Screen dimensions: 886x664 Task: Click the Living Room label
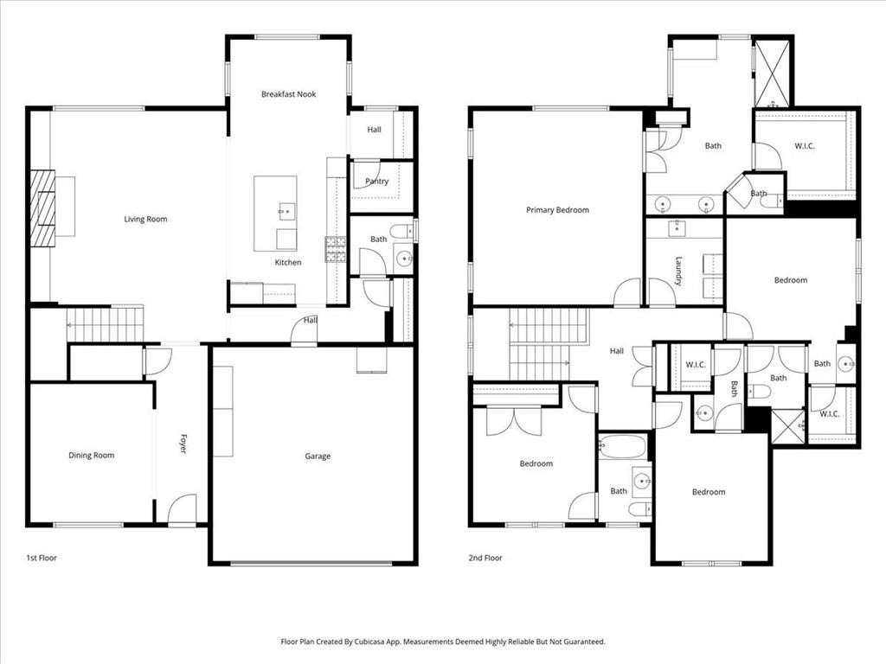click(x=145, y=219)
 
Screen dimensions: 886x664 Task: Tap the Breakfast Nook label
click(x=288, y=94)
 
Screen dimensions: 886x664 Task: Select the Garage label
click(x=318, y=456)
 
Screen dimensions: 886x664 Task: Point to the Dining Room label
click(x=92, y=455)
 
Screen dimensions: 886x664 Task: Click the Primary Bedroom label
click(x=558, y=210)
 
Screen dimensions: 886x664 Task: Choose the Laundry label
click(x=678, y=271)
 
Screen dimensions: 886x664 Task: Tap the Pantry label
click(x=377, y=182)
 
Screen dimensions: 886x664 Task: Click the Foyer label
click(x=183, y=444)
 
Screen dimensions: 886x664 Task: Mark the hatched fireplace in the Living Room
click(x=42, y=208)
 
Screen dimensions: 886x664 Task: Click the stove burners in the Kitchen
click(x=335, y=250)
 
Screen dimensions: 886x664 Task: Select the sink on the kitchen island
click(x=286, y=211)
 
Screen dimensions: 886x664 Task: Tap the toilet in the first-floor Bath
click(x=401, y=231)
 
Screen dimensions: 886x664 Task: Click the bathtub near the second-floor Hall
click(x=622, y=446)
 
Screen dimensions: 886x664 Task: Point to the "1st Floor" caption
click(x=42, y=558)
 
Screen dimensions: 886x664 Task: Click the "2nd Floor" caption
click(x=485, y=558)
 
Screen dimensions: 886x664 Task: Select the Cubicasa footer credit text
click(x=443, y=642)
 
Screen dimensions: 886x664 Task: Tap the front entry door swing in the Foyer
click(x=182, y=508)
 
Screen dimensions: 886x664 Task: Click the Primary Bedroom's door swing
click(x=627, y=292)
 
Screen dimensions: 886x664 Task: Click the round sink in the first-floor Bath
click(x=405, y=259)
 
